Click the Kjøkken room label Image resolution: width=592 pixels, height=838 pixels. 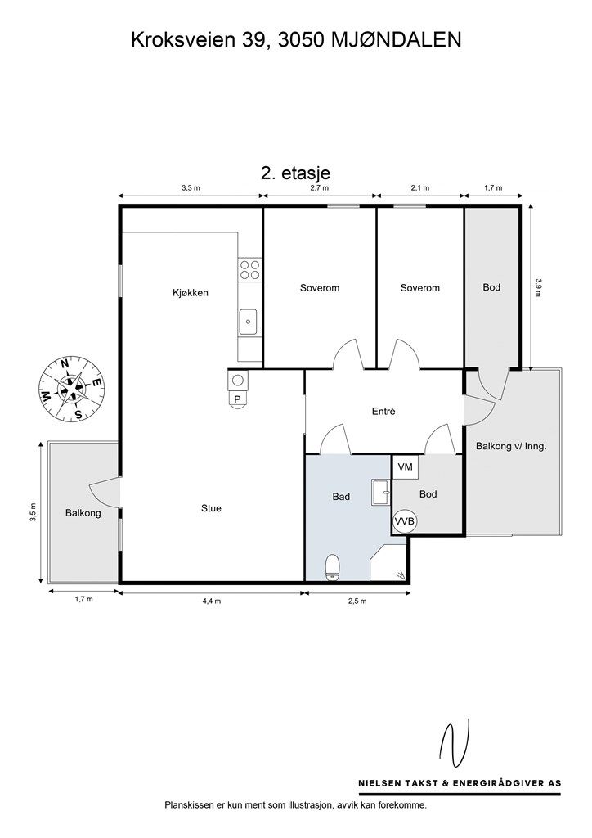(x=190, y=293)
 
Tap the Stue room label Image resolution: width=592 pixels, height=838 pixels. (x=211, y=508)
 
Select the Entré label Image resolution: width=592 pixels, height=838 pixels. (x=383, y=412)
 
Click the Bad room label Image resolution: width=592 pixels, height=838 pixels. (x=341, y=497)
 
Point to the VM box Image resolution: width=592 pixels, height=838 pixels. (x=406, y=467)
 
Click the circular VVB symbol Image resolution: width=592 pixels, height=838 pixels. (x=406, y=521)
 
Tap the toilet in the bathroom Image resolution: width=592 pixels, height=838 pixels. (x=333, y=568)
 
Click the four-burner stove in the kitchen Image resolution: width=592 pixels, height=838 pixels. (x=250, y=269)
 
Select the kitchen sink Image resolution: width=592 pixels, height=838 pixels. (x=249, y=322)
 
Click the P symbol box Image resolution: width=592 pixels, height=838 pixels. (x=238, y=399)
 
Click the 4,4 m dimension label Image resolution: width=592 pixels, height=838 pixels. (x=212, y=601)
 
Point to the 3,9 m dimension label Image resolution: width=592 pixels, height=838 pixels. (x=539, y=287)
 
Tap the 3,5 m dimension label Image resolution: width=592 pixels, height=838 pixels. (x=33, y=512)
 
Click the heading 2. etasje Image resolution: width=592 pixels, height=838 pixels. (x=295, y=173)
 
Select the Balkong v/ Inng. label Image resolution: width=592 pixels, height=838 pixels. (x=511, y=446)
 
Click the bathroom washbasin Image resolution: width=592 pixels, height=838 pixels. (x=382, y=492)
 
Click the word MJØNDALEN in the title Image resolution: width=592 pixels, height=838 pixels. (x=396, y=40)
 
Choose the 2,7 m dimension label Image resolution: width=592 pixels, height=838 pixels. (x=319, y=187)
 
